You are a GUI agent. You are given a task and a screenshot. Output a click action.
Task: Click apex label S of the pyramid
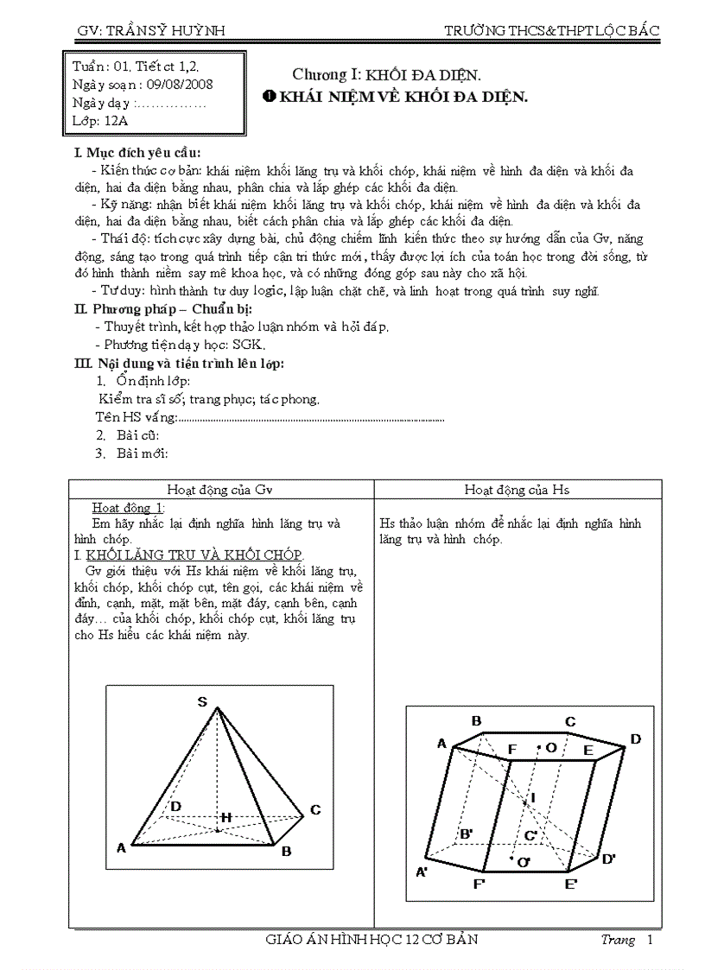coord(202,701)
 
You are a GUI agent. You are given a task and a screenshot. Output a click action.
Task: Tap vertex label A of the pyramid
coord(122,848)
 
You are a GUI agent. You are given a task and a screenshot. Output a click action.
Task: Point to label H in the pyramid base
coord(225,816)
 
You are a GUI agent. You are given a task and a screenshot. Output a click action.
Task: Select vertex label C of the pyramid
coord(316,809)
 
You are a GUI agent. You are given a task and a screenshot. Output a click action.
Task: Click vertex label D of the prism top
coord(635,739)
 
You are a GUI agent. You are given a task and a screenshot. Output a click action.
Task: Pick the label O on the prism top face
coord(550,747)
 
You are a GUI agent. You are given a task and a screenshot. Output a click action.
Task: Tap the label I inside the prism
coord(533,797)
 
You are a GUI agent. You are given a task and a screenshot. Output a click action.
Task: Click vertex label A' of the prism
coord(423,872)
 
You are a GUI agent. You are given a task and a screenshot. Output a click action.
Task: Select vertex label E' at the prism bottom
coord(572,884)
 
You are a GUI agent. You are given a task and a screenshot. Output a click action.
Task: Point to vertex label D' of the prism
coord(608,858)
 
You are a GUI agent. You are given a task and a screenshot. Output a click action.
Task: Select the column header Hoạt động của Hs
coord(517,490)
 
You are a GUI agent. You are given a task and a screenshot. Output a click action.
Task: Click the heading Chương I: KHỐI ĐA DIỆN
coord(385,74)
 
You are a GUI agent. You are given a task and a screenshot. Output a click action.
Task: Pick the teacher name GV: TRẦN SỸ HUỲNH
coord(150,30)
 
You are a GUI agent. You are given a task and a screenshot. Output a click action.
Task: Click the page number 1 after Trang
coord(650,940)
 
